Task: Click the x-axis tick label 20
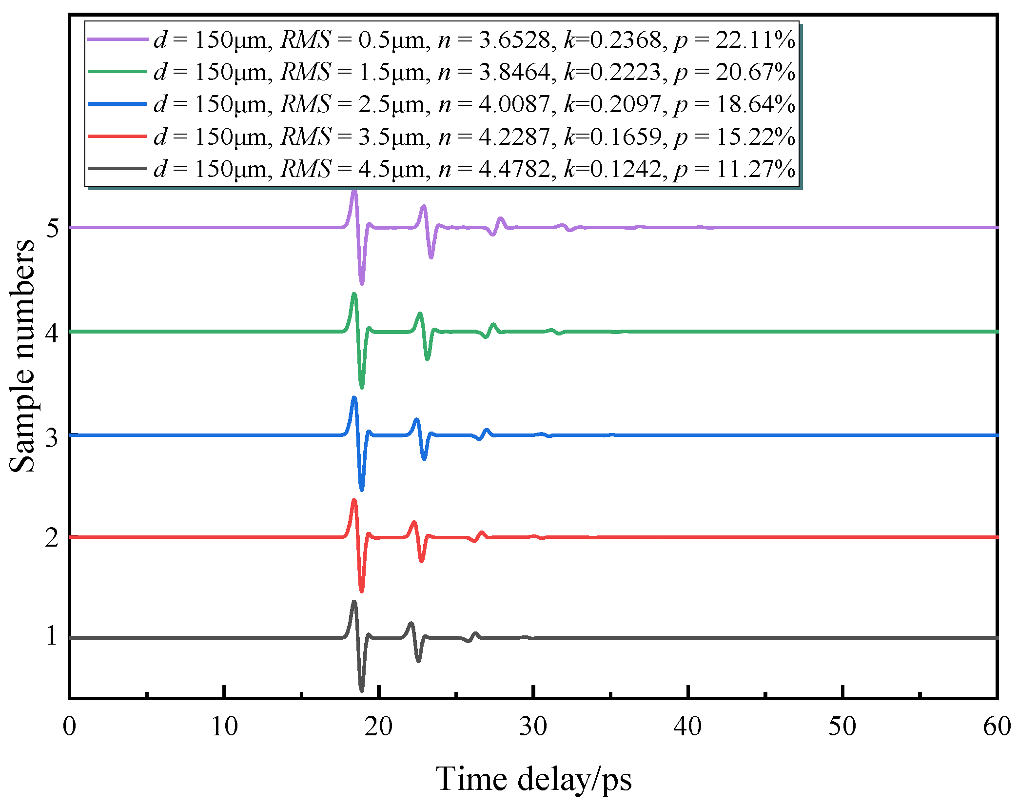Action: [x=378, y=727]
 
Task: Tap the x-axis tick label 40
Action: [x=687, y=727]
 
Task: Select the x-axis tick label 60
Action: [x=997, y=727]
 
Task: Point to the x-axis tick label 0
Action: [x=70, y=727]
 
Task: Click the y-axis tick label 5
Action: [x=52, y=228]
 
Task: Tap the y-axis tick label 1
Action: [x=52, y=636]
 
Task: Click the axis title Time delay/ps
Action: [x=533, y=779]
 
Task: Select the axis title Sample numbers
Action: [x=22, y=356]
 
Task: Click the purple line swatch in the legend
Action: [x=117, y=39]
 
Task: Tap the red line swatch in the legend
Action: [x=117, y=137]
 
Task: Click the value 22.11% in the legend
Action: [x=755, y=40]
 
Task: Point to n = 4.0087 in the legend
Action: [x=494, y=104]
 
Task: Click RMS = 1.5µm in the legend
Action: [x=354, y=72]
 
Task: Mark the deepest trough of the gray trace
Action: [x=361, y=689]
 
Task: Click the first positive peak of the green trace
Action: [x=354, y=294]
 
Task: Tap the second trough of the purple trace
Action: [x=431, y=256]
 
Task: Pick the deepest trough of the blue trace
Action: [x=361, y=489]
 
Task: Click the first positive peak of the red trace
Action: [x=354, y=500]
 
